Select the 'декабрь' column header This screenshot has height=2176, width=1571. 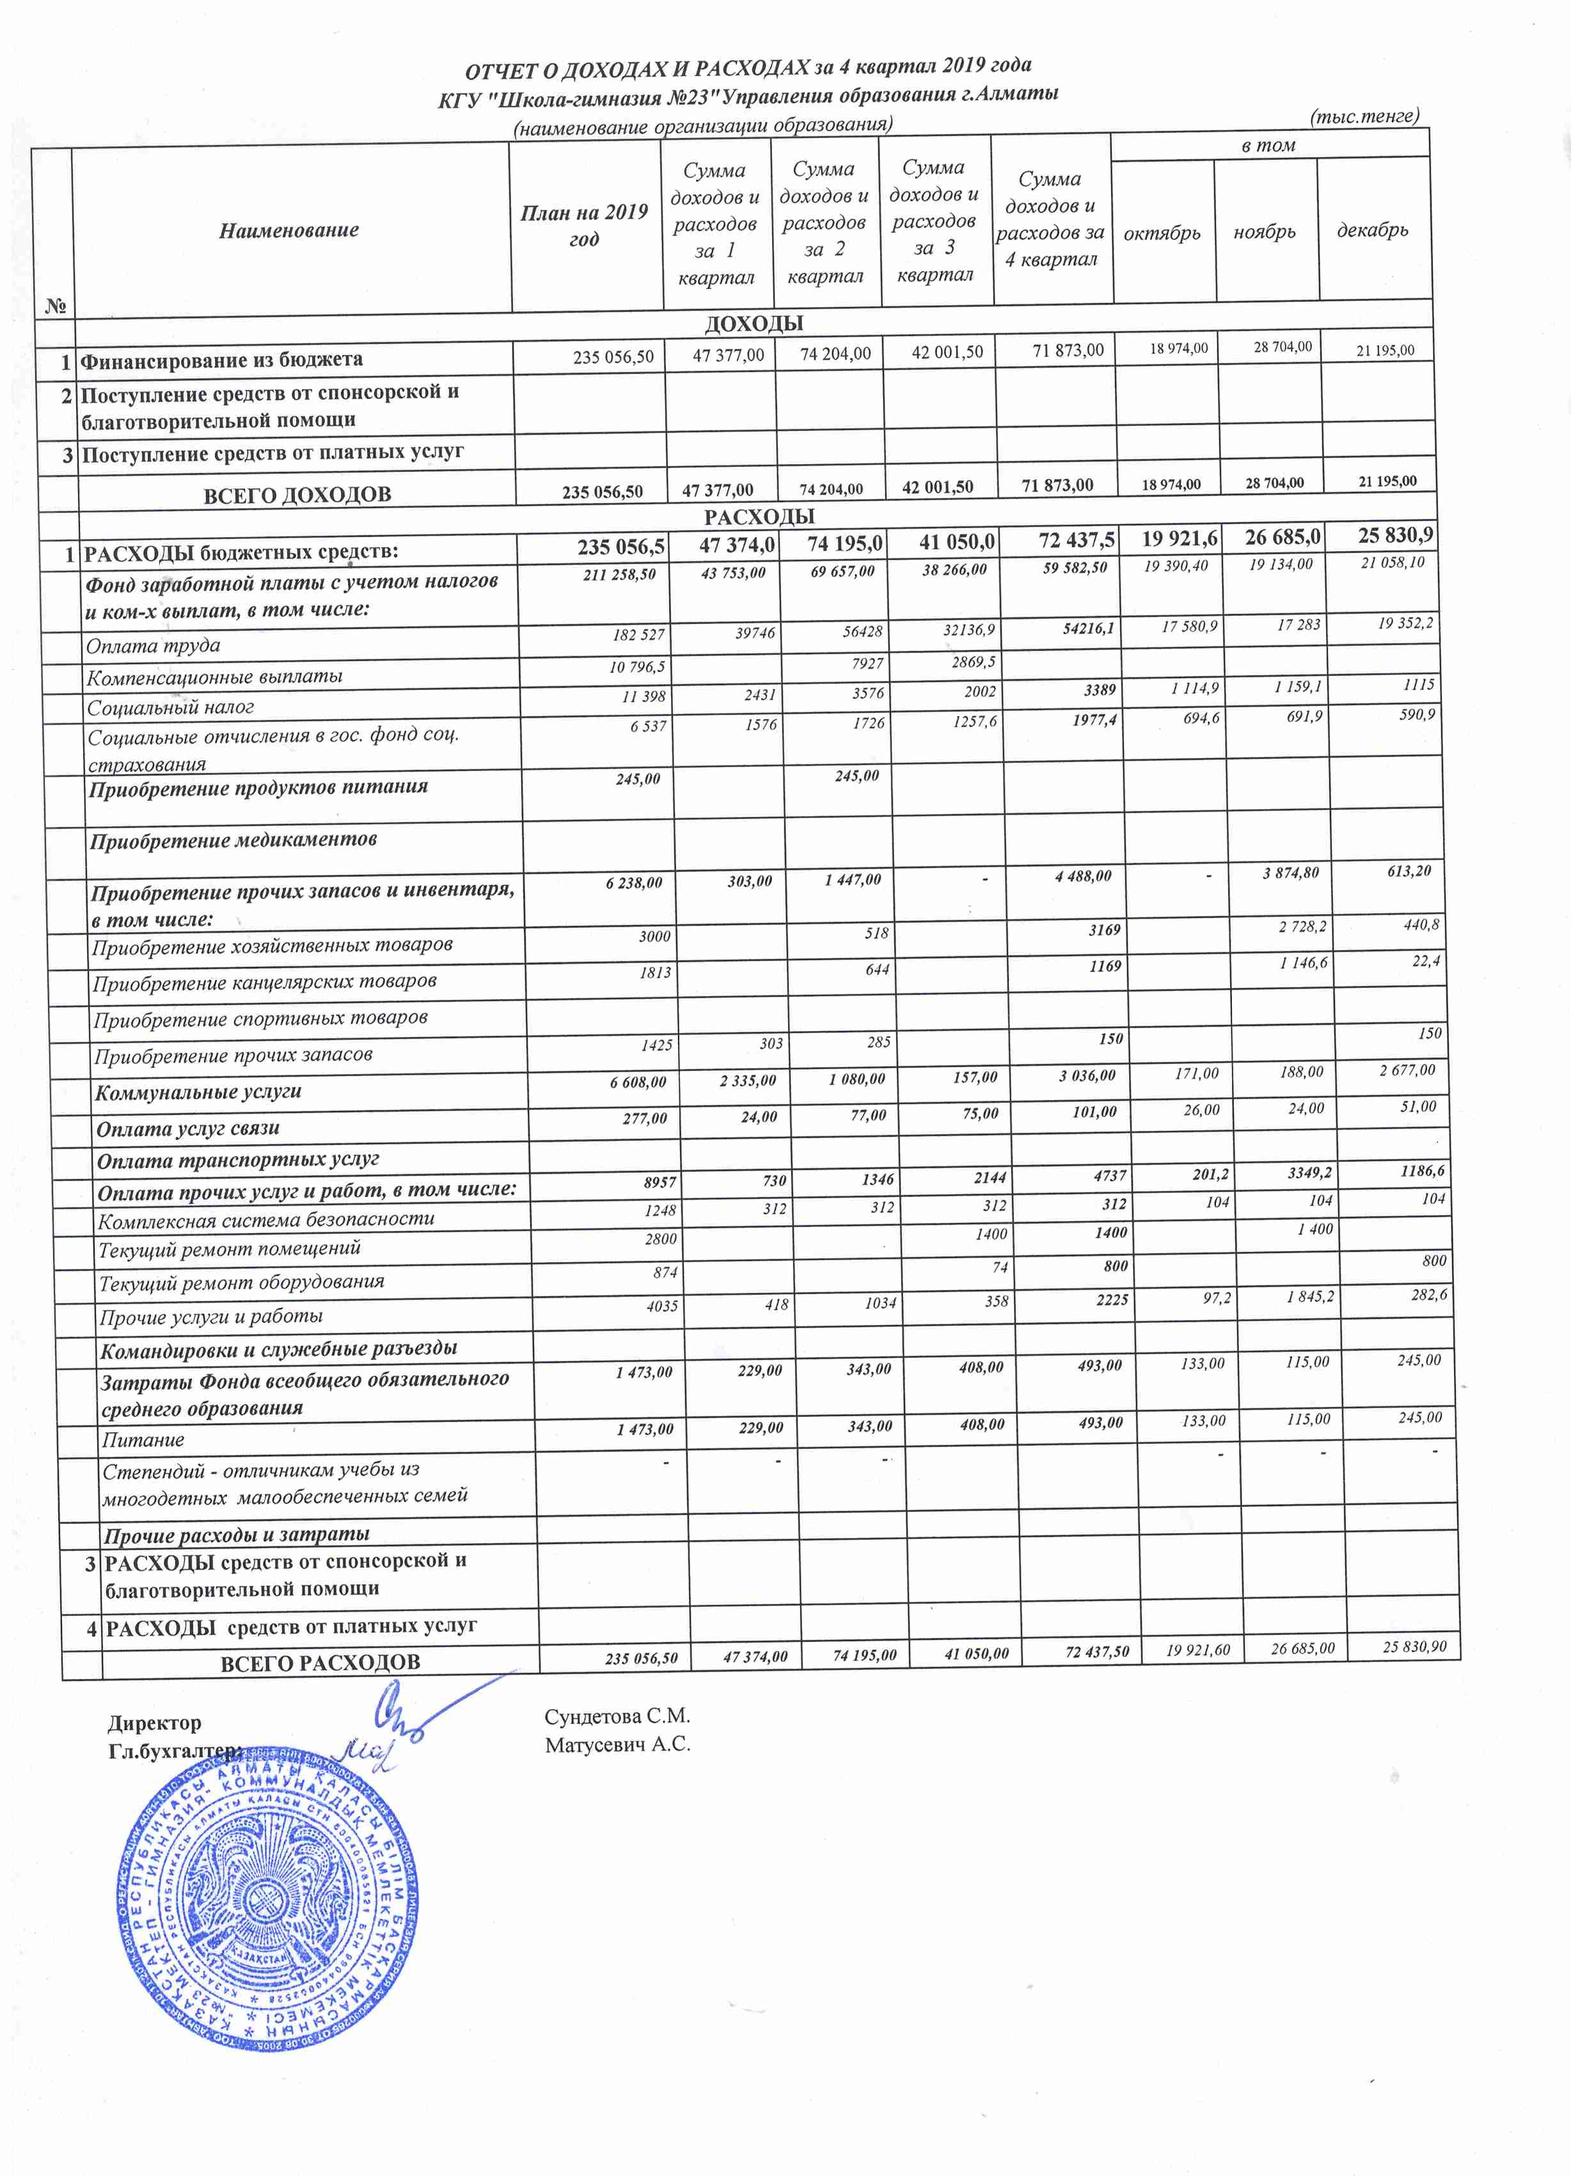point(1372,230)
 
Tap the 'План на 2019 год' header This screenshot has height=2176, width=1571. point(585,226)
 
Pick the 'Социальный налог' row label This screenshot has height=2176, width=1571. point(171,707)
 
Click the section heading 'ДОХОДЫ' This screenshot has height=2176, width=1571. point(754,324)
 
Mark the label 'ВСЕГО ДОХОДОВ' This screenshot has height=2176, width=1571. point(297,495)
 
